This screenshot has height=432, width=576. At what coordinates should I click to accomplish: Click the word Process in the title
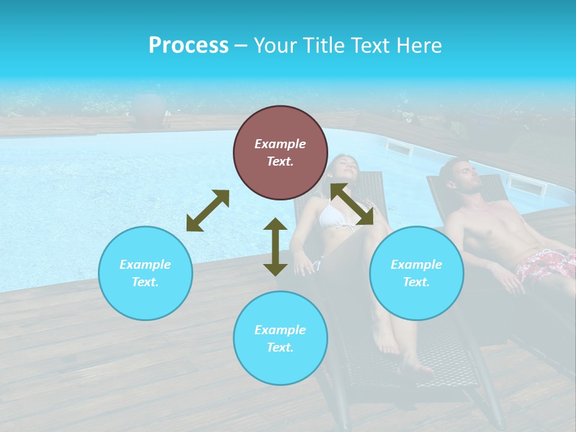(188, 46)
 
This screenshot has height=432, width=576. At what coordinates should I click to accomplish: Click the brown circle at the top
(280, 152)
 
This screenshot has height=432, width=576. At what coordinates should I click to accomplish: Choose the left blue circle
(145, 273)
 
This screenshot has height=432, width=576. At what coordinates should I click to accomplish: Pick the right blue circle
(416, 273)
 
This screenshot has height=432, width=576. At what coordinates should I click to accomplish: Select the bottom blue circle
(280, 338)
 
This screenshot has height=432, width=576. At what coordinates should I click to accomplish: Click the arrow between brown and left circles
(208, 211)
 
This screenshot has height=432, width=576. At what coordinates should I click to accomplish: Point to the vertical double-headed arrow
(275, 247)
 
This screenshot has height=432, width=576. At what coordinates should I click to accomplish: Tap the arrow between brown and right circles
(352, 204)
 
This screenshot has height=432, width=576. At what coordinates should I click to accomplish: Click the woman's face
(344, 167)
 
